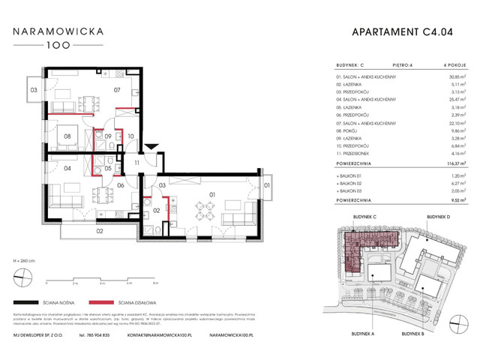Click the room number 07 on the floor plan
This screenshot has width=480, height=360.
tap(117, 91)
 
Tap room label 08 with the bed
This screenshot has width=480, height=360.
tap(67, 136)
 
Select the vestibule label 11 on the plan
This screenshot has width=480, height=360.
tap(137, 162)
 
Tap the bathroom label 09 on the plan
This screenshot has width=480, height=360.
tap(108, 136)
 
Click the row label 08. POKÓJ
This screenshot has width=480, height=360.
tap(347, 129)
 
